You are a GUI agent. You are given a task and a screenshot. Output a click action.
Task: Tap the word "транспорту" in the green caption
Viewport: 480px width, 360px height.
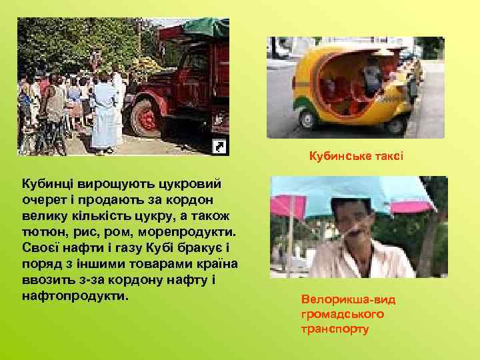pyautogui.click(x=335, y=329)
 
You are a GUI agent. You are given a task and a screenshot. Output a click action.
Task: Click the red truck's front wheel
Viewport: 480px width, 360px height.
pyautogui.click(x=145, y=118)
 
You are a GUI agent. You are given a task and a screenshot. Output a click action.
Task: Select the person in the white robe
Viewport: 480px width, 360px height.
pyautogui.click(x=107, y=113)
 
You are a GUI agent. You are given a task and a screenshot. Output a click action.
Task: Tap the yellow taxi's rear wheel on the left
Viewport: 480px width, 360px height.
pyautogui.click(x=307, y=119)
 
